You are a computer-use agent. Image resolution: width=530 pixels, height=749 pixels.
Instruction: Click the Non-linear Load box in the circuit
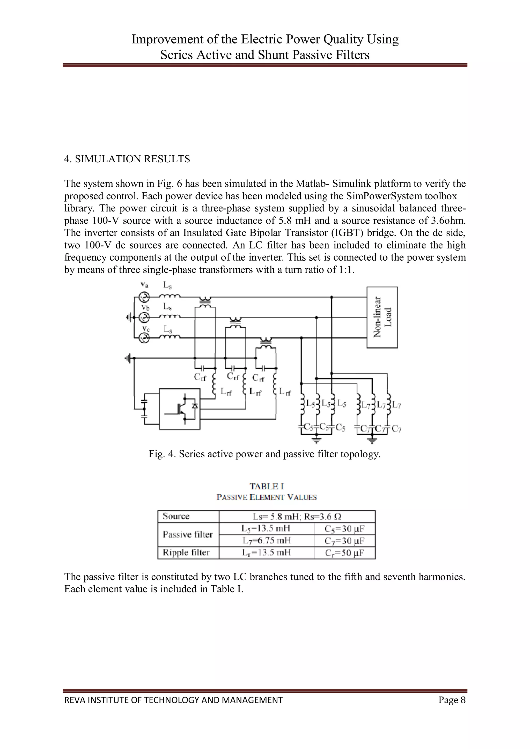click(382, 317)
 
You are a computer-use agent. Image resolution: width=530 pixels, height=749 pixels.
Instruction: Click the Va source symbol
click(144, 297)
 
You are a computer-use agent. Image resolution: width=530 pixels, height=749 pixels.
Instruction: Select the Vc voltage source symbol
click(144, 338)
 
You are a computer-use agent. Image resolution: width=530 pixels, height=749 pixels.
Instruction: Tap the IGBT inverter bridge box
click(180, 409)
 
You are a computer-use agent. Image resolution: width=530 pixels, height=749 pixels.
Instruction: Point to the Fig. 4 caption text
click(264, 454)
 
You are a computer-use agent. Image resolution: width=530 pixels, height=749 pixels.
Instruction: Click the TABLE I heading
click(267, 486)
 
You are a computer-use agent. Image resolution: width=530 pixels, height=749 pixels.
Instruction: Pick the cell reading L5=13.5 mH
click(266, 528)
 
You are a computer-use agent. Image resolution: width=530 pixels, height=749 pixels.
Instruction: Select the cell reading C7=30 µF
click(344, 541)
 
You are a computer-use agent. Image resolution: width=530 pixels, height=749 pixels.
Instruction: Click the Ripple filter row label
click(186, 552)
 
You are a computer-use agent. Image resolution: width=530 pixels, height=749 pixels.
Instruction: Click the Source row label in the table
click(176, 516)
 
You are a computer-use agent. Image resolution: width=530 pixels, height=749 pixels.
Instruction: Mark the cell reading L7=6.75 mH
click(266, 541)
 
